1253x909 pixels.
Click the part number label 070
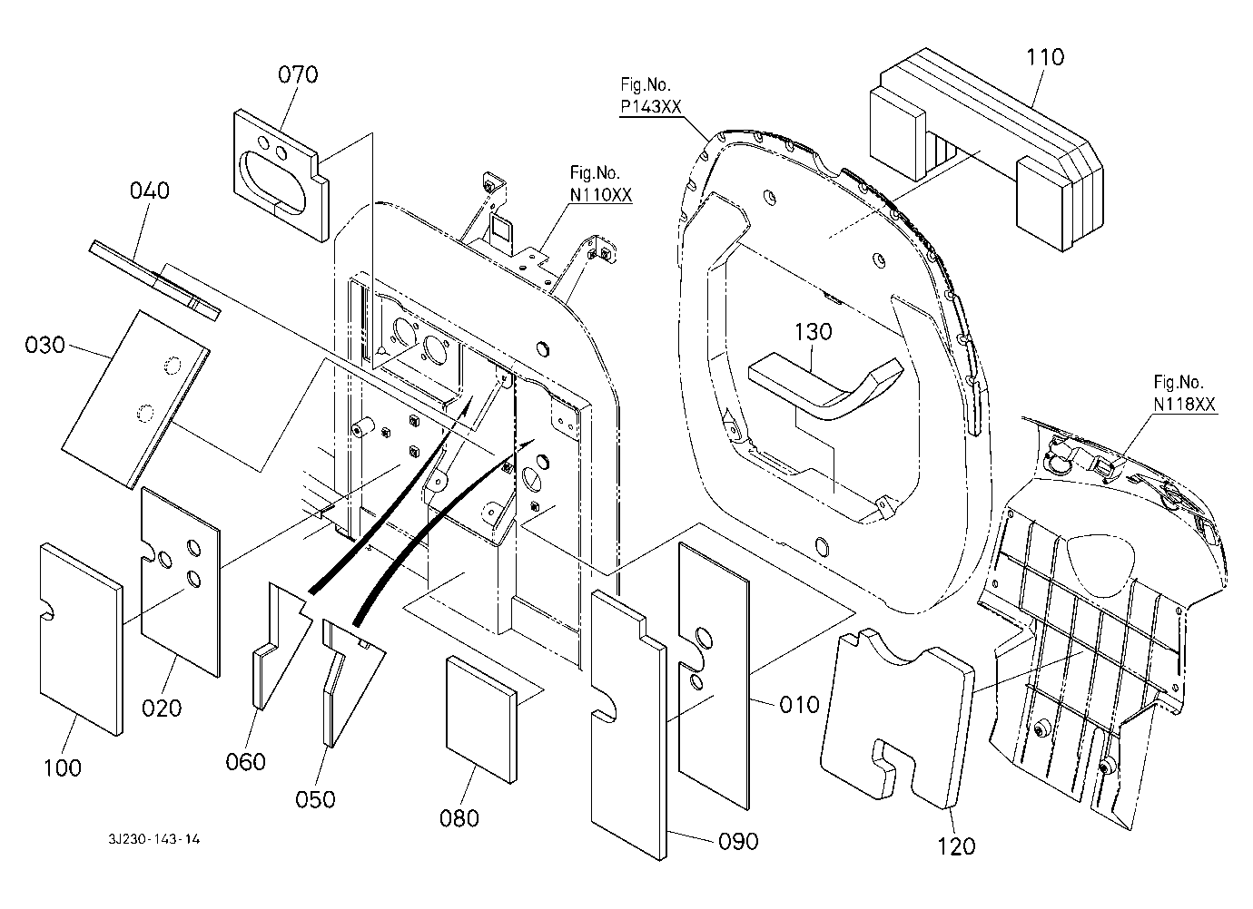coord(298,74)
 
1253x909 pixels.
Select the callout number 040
coord(149,191)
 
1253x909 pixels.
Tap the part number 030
coord(45,345)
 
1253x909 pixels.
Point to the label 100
coord(62,767)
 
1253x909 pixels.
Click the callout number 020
coord(163,707)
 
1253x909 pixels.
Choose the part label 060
coord(246,760)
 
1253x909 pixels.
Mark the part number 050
coord(315,798)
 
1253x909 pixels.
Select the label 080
coord(459,817)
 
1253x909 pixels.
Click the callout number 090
coord(738,841)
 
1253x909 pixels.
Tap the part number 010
coord(799,704)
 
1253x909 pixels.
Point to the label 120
coord(955,845)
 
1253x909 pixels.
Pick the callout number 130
coord(813,332)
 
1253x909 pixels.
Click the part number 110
coord(1045,56)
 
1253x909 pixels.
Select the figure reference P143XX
coord(650,107)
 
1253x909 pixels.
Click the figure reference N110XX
coord(600,194)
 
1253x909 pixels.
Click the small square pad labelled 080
coord(480,717)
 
